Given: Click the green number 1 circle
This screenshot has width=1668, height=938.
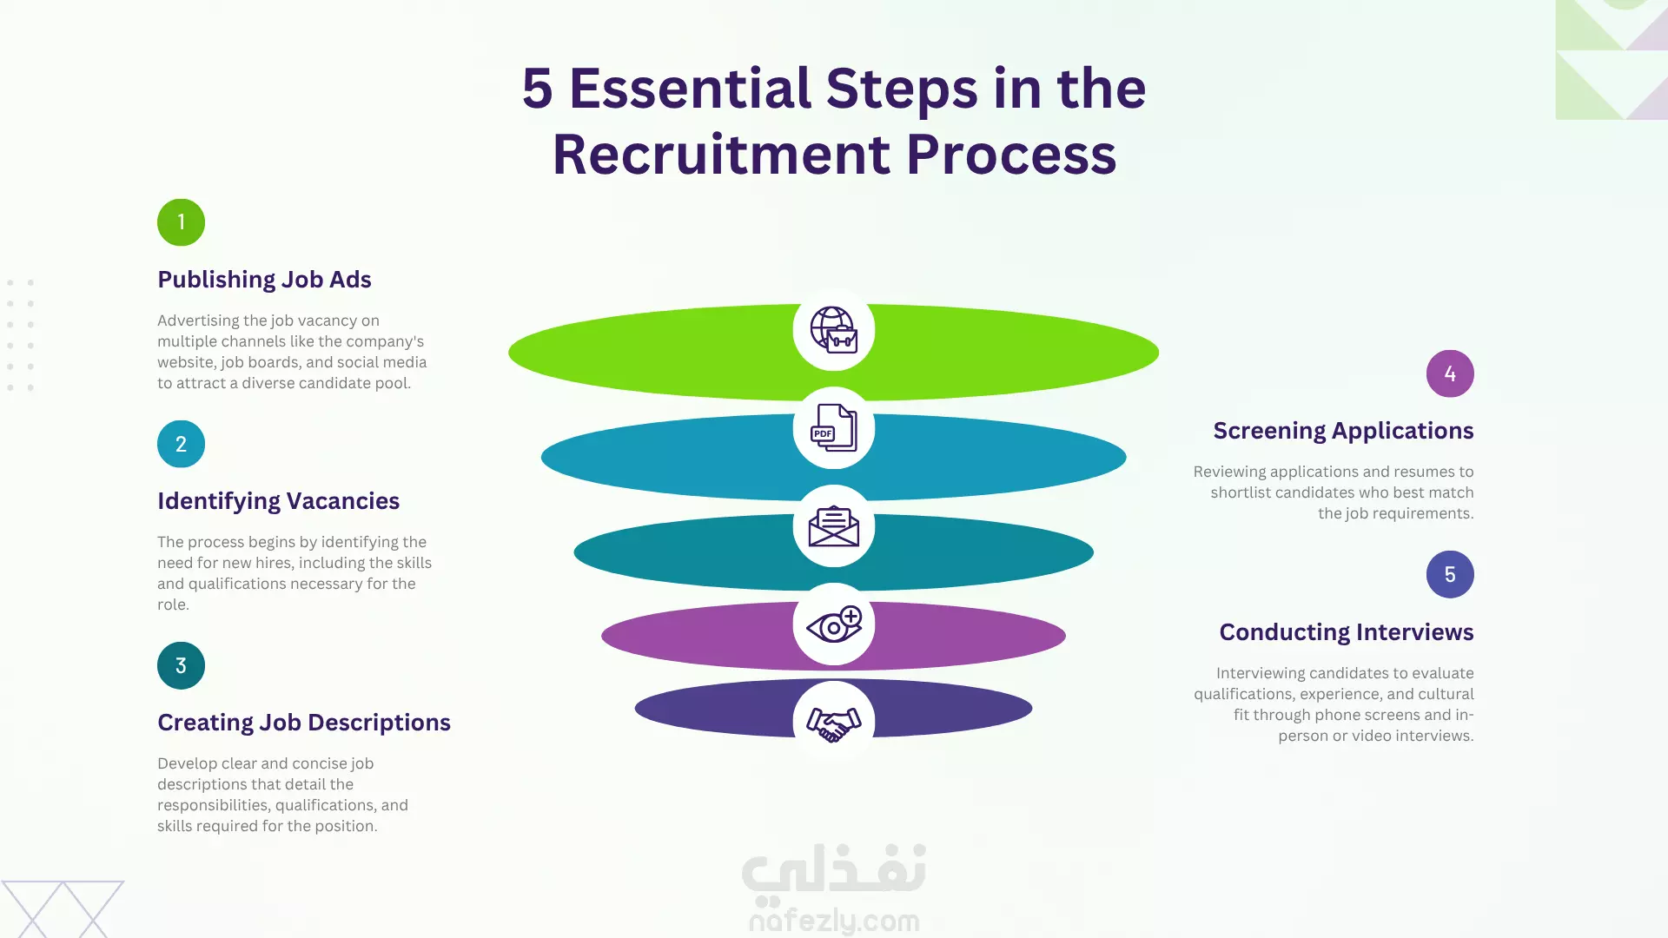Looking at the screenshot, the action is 181,222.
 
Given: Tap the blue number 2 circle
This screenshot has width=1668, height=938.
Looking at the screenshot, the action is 181,444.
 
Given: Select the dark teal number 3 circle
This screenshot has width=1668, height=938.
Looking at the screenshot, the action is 181,665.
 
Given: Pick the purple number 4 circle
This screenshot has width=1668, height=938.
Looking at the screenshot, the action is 1450,373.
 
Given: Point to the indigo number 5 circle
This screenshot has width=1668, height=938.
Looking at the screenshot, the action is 1450,574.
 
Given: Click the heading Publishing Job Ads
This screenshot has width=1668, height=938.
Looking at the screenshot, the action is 264,280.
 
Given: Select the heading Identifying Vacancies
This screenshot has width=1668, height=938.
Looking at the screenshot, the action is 278,501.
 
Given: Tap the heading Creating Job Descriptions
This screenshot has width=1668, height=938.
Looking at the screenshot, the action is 304,723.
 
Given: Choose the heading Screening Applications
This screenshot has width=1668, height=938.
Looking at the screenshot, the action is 1343,431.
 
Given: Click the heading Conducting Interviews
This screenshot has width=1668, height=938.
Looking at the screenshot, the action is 1347,632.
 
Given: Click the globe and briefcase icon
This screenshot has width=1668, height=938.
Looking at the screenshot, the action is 834,330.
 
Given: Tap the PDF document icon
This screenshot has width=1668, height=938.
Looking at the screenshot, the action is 834,428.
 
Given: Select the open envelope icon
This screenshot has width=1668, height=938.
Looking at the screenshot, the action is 834,526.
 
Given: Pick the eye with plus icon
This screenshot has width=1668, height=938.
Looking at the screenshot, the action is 834,624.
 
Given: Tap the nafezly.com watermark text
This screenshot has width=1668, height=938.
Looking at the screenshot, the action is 834,921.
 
